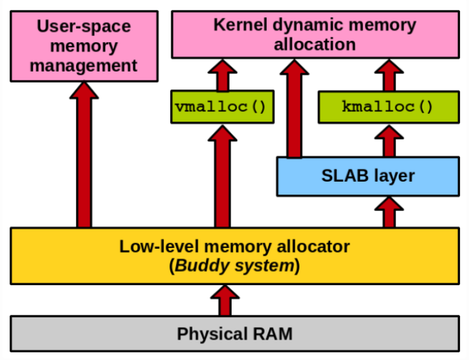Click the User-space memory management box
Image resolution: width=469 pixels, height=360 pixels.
(x=84, y=46)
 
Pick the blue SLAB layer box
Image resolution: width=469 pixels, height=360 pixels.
(x=367, y=176)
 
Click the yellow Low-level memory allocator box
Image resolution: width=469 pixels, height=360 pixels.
(x=234, y=256)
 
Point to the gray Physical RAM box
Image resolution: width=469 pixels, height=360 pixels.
(x=234, y=334)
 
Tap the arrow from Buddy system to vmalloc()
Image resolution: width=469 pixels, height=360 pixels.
(x=222, y=176)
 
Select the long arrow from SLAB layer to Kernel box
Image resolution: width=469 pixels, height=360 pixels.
(x=294, y=107)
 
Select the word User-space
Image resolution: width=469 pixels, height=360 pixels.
(x=84, y=27)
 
